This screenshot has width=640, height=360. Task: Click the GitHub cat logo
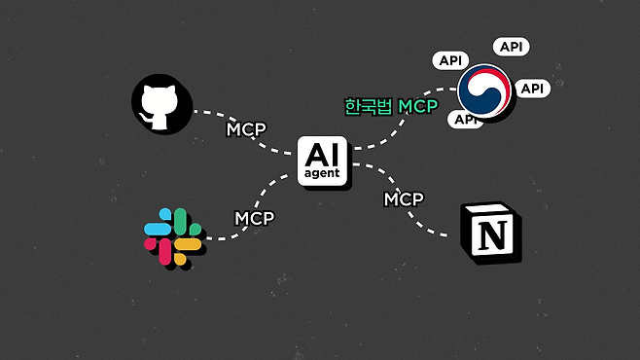(161, 104)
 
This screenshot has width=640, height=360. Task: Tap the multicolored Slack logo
(173, 236)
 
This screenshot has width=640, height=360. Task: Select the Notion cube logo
(490, 232)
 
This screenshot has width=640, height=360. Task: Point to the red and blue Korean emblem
(484, 91)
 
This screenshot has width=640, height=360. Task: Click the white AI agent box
(323, 161)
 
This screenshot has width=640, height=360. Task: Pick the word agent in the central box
(322, 173)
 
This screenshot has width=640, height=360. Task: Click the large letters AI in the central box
(322, 155)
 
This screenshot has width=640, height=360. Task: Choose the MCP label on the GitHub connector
(246, 129)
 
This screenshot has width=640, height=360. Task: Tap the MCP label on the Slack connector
(254, 218)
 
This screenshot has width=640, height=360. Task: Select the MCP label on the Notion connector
(404, 199)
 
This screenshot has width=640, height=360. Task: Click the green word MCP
(418, 106)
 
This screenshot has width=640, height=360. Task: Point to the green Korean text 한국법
(369, 107)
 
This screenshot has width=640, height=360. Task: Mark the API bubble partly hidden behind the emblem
(464, 120)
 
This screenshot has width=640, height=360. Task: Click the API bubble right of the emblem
(532, 89)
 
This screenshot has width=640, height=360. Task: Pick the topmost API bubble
(511, 47)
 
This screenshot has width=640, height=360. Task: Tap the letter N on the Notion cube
(492, 235)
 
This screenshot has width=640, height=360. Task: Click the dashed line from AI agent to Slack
(256, 204)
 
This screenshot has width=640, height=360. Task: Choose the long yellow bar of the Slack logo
(188, 244)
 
